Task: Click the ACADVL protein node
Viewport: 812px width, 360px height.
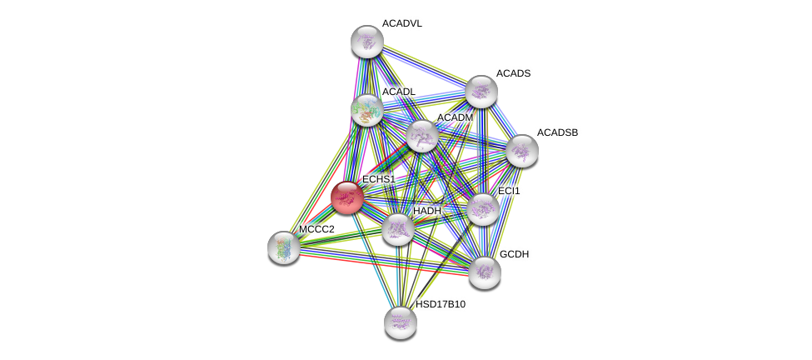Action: (x=366, y=42)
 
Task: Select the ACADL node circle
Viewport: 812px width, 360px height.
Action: (x=366, y=110)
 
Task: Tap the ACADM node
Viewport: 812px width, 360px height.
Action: (x=422, y=136)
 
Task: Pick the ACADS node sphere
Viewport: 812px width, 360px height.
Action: (x=481, y=92)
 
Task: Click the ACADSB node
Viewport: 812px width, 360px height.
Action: (x=522, y=151)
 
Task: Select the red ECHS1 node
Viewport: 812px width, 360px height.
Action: (x=346, y=197)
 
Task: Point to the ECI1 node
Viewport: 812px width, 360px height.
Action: (x=483, y=209)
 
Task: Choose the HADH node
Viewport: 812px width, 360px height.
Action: (x=398, y=228)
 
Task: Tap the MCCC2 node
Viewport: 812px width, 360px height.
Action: (x=284, y=247)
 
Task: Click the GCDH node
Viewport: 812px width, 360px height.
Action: (x=485, y=272)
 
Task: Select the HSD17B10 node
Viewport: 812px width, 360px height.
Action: (x=401, y=322)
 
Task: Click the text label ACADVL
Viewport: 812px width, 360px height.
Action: (x=401, y=23)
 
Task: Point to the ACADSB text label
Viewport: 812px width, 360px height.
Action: (x=557, y=132)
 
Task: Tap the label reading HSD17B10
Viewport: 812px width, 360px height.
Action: (x=441, y=304)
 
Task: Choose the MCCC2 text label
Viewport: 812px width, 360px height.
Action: (x=316, y=229)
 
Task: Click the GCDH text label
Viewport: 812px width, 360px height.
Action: (x=514, y=254)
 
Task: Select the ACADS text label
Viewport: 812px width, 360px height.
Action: (x=513, y=73)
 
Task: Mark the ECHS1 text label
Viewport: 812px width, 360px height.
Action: (x=378, y=179)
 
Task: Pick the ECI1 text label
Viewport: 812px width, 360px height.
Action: (x=509, y=191)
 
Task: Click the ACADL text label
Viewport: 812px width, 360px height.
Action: (x=398, y=92)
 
